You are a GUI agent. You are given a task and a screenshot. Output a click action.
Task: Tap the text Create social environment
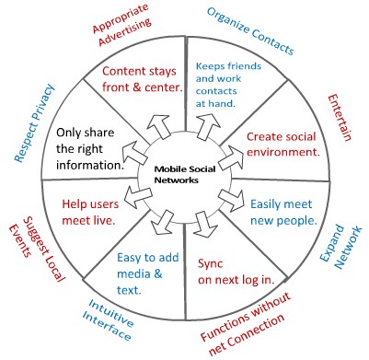(x=281, y=145)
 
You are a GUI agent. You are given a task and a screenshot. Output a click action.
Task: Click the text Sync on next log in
(x=227, y=275)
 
